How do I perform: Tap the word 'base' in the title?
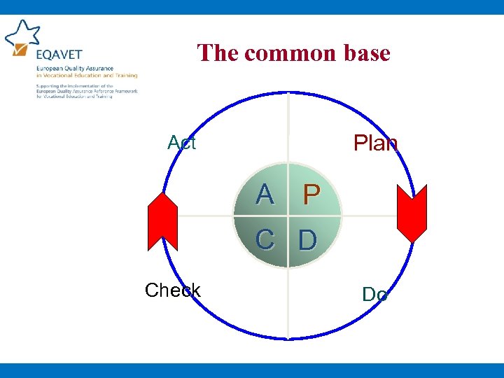[x=364, y=52]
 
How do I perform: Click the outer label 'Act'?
[x=182, y=143]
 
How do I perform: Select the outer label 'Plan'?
[x=376, y=143]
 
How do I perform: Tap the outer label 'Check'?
[x=172, y=290]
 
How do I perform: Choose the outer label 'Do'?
[x=375, y=295]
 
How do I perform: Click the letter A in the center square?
[x=265, y=195]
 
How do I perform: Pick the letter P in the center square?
[x=311, y=196]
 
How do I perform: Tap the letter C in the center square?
[x=265, y=239]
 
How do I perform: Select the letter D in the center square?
[x=308, y=240]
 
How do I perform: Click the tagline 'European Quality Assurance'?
[x=64, y=69]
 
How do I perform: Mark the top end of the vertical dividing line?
[x=288, y=94]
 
